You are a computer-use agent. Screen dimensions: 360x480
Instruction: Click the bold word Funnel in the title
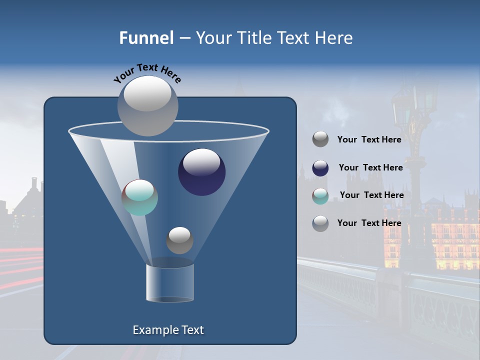[146, 38]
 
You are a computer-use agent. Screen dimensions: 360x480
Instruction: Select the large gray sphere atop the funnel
[148, 105]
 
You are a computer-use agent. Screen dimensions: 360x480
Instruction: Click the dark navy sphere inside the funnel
[202, 172]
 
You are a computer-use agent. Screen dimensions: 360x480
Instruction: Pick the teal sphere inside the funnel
[139, 197]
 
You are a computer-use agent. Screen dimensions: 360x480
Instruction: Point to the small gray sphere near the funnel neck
[179, 240]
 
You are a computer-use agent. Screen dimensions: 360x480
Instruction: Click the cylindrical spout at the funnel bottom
[170, 282]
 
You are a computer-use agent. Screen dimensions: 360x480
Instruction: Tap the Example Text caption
[168, 330]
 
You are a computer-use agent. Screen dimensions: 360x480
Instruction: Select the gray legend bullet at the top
[320, 139]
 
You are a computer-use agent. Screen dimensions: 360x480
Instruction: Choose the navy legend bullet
[320, 168]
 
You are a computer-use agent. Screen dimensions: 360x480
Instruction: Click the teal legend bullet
[320, 196]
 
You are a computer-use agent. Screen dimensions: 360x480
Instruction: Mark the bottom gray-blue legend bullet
[320, 223]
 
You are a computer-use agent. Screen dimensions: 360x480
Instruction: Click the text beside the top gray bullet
[369, 139]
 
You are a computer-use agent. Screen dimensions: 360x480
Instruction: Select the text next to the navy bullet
[370, 167]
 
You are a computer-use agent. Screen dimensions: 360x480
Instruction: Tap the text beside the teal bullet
[371, 195]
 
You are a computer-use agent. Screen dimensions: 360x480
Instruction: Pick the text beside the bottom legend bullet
[369, 223]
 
